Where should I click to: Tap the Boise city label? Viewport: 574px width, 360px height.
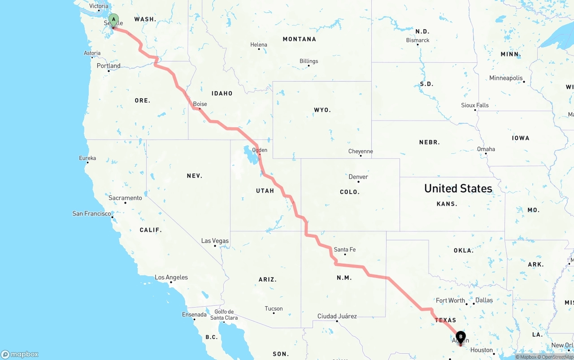200,104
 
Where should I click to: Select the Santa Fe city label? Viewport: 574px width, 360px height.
345,249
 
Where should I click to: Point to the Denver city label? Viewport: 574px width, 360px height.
358,177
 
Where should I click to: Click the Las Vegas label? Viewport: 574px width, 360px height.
215,241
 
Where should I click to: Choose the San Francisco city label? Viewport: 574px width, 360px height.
91,213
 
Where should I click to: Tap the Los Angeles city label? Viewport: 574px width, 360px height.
171,277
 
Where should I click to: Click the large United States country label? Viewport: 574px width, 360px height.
458,188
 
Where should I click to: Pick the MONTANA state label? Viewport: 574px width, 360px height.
299,39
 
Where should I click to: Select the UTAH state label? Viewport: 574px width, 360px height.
265,191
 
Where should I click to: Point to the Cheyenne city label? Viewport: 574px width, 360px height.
361,151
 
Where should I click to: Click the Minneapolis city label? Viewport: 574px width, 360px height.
506,78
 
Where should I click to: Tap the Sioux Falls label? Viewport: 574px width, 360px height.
475,105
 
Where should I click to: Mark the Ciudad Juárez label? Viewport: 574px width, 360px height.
337,316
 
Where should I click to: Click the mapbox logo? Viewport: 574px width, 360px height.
20,354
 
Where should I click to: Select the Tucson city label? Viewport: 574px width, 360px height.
274,308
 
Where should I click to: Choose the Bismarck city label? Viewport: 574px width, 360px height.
418,40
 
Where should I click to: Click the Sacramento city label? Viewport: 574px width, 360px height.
125,198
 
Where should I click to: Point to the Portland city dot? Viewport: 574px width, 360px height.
109,71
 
